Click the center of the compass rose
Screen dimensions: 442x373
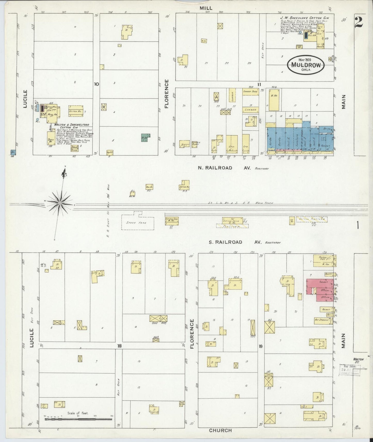[60, 203]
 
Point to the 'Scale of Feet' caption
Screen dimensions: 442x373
[78, 413]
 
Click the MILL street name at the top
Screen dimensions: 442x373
[206, 8]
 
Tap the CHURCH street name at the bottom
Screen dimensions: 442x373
[220, 430]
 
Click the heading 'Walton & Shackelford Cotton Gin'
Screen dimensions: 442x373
[67, 126]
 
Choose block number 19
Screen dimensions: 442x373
[260, 346]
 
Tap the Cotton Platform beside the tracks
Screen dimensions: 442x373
[312, 219]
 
